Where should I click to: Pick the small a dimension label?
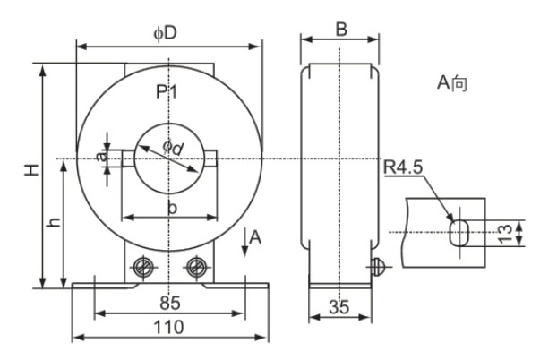101,158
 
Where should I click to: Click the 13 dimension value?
507,233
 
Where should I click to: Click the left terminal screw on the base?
140,267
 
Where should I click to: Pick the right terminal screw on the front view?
197,267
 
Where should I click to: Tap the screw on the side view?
378,266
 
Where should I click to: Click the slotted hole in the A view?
458,232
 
